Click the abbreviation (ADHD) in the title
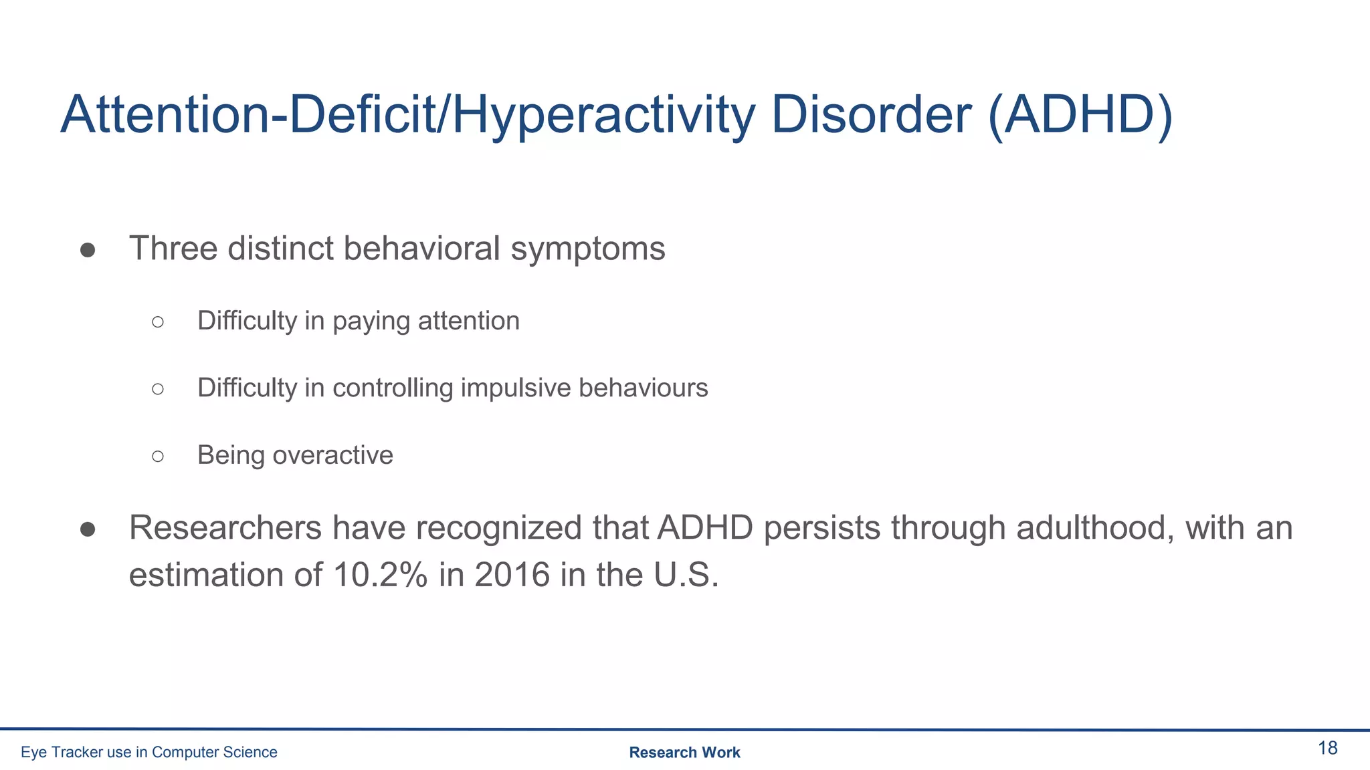(1080, 115)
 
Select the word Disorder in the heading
(870, 115)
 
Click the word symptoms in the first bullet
(587, 249)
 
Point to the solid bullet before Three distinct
(88, 251)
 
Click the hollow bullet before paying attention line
(158, 322)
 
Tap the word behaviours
(643, 388)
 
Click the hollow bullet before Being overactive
(158, 457)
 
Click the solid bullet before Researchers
(88, 530)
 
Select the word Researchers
(225, 528)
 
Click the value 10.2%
(380, 575)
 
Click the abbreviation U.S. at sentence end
(686, 575)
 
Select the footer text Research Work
(684, 753)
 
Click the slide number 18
(1327, 748)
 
